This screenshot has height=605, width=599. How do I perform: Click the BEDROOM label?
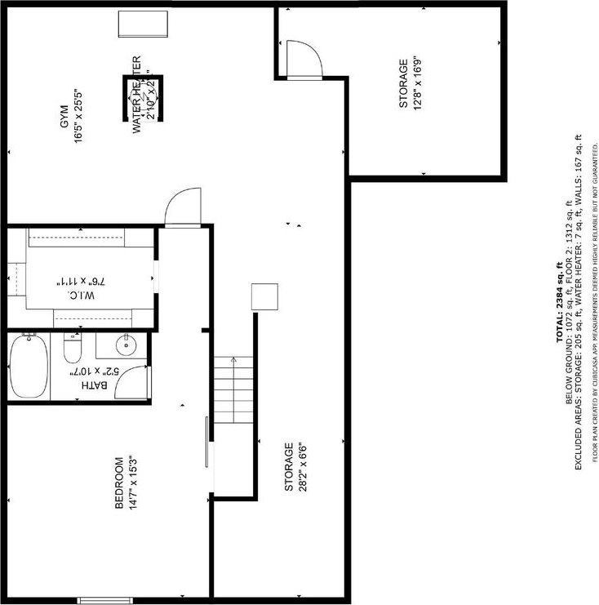[119, 483]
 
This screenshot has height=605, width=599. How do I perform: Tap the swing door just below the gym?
[182, 207]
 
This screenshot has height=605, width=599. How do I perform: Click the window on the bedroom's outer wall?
[105, 600]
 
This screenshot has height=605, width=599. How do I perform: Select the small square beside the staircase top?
[265, 296]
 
